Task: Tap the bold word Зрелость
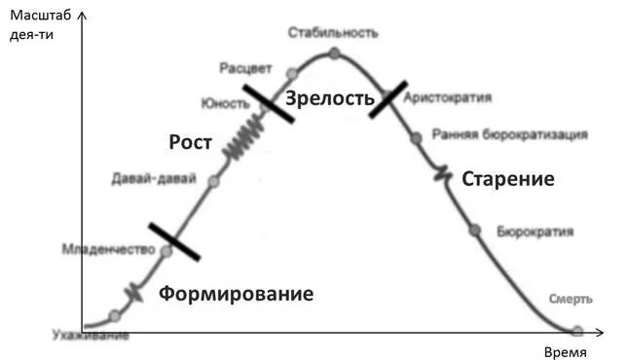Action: (x=329, y=97)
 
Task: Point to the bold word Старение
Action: (x=507, y=179)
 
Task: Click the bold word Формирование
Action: (x=236, y=294)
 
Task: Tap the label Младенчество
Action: (x=108, y=249)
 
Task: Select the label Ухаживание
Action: (x=90, y=337)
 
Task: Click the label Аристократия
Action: (x=447, y=98)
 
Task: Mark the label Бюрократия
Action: (x=535, y=232)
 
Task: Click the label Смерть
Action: (x=571, y=299)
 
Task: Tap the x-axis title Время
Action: (x=564, y=351)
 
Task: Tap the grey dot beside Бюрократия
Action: (x=475, y=230)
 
